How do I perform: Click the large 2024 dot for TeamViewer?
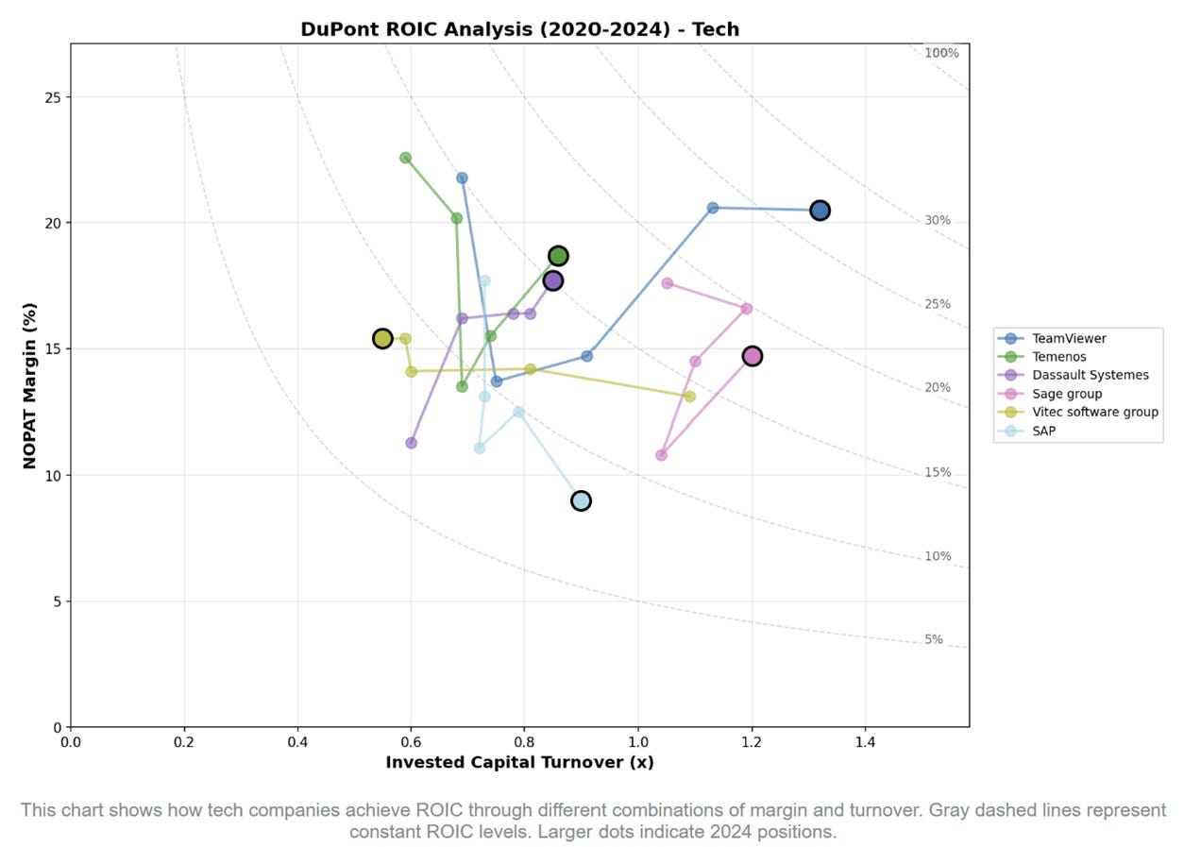pos(820,210)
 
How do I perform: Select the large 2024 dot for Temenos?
pos(558,256)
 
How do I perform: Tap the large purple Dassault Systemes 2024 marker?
pos(552,280)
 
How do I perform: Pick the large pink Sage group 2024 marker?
pos(752,356)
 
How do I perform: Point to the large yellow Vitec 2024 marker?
pos(382,338)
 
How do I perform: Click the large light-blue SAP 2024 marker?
pos(581,500)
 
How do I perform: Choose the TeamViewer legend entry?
pos(1069,338)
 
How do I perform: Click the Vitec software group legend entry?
pos(1094,412)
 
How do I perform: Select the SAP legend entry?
pos(1045,431)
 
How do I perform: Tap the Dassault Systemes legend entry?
pos(1090,375)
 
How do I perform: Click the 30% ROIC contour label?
pos(938,221)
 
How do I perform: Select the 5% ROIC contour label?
pos(933,639)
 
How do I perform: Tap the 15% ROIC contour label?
pos(938,473)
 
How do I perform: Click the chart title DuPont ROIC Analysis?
pos(519,29)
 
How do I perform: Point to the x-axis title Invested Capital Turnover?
pos(519,762)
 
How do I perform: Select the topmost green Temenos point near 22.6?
pos(405,158)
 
